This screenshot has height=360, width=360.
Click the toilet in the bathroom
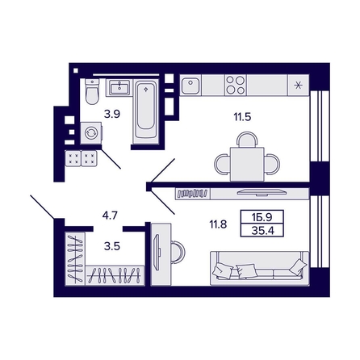(92, 91)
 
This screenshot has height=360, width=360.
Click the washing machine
(91, 133)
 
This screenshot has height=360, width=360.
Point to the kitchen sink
(190, 85)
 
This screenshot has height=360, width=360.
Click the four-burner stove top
(236, 85)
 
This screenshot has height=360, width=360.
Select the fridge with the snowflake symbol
(298, 86)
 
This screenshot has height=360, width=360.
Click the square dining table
(247, 164)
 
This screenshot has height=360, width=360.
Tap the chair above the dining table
(247, 140)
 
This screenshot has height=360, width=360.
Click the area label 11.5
(242, 117)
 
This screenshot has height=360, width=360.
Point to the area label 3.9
(112, 115)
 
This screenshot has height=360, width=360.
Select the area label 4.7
(111, 216)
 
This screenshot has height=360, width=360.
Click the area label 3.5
(112, 246)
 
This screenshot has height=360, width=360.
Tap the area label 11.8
(218, 224)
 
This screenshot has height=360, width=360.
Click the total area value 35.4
(262, 230)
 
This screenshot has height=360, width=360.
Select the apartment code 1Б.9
(262, 217)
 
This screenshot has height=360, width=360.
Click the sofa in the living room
(260, 268)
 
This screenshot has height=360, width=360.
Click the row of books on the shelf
(192, 193)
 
